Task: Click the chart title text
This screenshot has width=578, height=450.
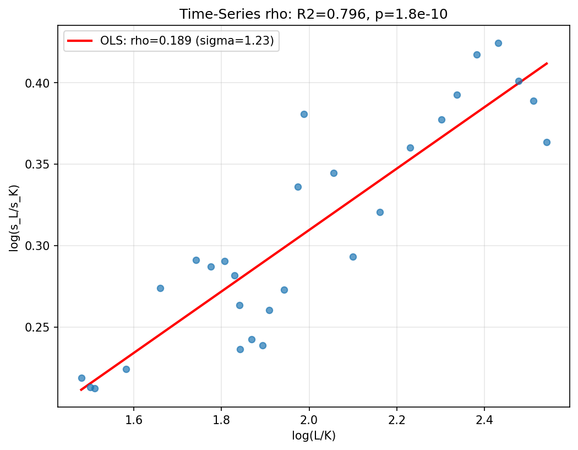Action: tap(313, 14)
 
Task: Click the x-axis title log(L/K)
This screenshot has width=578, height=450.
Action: tap(313, 436)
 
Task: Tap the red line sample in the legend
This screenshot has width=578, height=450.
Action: tap(80, 40)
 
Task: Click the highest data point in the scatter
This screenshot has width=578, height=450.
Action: tap(498, 43)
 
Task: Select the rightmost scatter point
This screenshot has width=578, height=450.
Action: tap(547, 142)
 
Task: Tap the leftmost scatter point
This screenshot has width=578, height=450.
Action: tap(81, 378)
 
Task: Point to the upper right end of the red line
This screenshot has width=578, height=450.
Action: tap(547, 63)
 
